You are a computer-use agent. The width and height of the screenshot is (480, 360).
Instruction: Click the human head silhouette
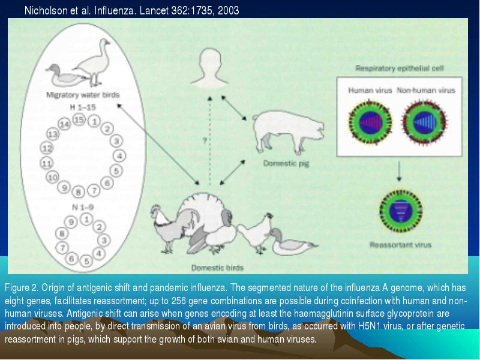tap(209, 68)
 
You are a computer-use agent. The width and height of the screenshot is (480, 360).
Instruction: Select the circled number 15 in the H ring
tap(79, 119)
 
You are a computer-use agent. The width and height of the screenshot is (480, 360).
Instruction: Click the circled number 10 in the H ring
tap(52, 177)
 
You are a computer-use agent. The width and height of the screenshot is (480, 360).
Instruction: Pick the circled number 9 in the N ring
tap(71, 222)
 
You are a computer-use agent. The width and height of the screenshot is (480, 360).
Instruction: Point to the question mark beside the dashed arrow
tap(205, 140)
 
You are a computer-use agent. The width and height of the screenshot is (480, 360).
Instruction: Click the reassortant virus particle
tap(400, 211)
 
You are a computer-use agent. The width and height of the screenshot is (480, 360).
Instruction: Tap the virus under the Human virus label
tap(370, 122)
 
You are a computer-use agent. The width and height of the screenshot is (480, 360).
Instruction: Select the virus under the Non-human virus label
tap(424, 122)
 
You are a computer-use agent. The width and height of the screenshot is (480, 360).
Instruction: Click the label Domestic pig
tap(286, 163)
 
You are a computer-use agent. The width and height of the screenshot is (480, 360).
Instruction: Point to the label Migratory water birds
tap(83, 95)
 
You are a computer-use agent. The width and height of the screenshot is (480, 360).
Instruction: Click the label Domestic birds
tap(217, 268)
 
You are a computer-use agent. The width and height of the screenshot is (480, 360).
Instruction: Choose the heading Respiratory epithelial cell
tap(400, 68)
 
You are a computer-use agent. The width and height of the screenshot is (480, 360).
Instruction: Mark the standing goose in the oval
tap(94, 62)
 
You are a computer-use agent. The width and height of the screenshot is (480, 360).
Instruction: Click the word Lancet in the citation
tap(154, 11)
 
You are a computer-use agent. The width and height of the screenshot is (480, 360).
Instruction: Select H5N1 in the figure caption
tap(368, 326)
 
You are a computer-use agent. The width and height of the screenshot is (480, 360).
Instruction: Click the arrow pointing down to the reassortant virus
tap(399, 172)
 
